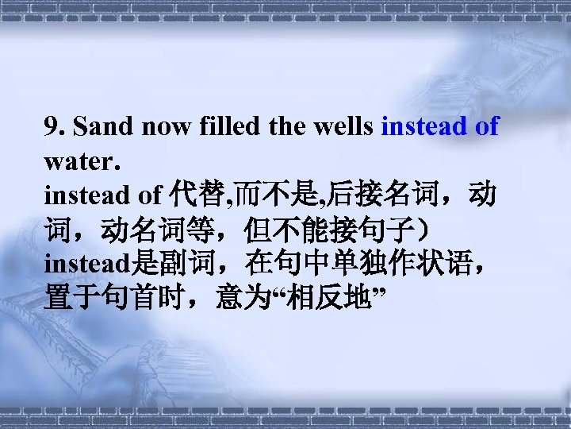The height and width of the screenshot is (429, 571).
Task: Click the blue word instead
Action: point(424,126)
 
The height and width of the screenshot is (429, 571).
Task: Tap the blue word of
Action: point(487,126)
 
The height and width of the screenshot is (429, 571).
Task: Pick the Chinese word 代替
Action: point(187,195)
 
